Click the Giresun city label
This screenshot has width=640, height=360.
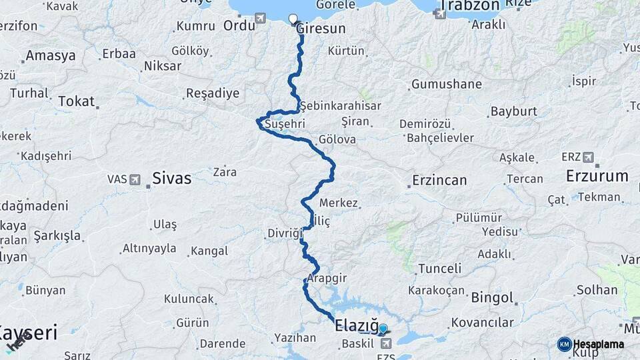click(x=321, y=29)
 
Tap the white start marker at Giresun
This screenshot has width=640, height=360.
click(x=293, y=19)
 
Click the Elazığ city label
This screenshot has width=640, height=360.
click(x=355, y=327)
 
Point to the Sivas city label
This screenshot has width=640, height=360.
click(x=171, y=179)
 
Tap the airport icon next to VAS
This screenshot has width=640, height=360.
click(x=135, y=179)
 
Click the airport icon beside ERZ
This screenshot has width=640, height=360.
click(x=588, y=157)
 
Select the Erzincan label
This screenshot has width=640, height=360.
click(x=439, y=180)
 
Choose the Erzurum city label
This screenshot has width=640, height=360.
click(x=597, y=177)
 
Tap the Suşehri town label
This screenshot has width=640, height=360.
click(x=285, y=124)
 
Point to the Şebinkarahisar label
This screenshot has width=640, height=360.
click(x=340, y=106)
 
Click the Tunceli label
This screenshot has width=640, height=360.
click(x=439, y=269)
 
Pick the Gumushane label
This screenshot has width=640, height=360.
click(x=446, y=85)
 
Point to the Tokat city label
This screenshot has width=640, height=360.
click(x=76, y=101)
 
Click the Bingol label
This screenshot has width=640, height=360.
click(x=492, y=298)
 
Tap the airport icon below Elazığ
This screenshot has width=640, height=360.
click(x=386, y=343)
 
